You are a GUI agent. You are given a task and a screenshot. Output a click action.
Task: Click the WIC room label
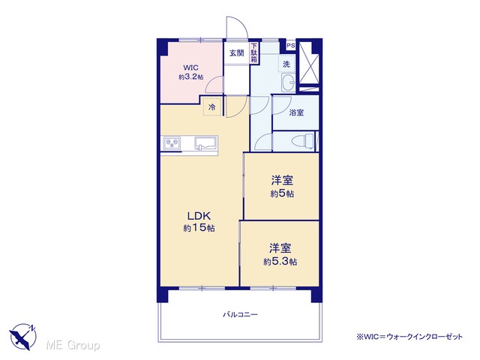pyautogui.click(x=190, y=67)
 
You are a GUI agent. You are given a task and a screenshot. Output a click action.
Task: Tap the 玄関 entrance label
pyautogui.click(x=237, y=53)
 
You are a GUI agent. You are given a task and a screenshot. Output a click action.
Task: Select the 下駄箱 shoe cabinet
pyautogui.click(x=254, y=53)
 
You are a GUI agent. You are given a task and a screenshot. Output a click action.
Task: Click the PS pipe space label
pyautogui.click(x=291, y=46)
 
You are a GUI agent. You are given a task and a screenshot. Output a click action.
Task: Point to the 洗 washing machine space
pyautogui.click(x=286, y=64)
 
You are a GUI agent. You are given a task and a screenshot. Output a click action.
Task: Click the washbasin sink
pyautogui.click(x=288, y=82)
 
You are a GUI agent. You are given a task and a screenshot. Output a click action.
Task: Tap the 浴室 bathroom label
pyautogui.click(x=296, y=112)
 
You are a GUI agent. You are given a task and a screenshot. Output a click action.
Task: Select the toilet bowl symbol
pyautogui.click(x=303, y=141)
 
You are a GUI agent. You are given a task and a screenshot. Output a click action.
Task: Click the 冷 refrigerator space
pyautogui.click(x=212, y=106)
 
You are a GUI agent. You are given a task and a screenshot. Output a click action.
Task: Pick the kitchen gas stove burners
pyautogui.click(x=172, y=143)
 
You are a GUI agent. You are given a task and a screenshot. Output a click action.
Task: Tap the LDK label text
pyautogui.click(x=199, y=216)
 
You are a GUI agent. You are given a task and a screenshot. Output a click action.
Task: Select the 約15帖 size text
pyautogui.click(x=199, y=228)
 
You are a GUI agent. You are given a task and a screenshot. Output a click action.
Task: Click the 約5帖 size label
pyautogui.click(x=282, y=193)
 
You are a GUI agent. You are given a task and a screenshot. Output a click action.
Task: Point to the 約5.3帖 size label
pyautogui.click(x=280, y=262)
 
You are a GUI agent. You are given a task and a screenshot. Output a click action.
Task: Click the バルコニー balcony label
pyautogui.click(x=240, y=314)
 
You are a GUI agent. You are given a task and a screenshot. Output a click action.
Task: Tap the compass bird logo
pyautogui.click(x=22, y=337)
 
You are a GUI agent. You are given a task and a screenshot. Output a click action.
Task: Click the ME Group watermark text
pyautogui.click(x=73, y=346)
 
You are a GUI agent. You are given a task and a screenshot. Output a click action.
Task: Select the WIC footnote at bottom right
pyautogui.click(x=409, y=337)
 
